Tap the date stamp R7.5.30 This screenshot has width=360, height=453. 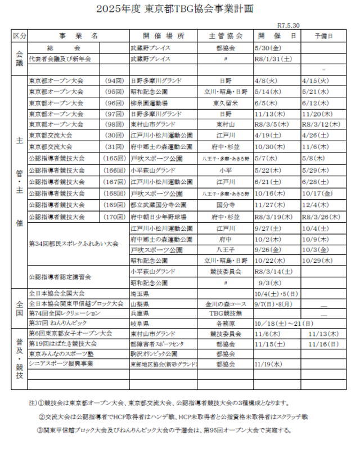pyautogui.click(x=288, y=25)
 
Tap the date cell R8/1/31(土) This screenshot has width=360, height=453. pyautogui.click(x=273, y=59)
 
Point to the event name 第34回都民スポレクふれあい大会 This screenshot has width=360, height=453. pyautogui.click(x=74, y=244)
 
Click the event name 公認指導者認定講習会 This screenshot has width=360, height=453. pyautogui.click(x=60, y=277)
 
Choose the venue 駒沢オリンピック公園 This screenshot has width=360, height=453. pyautogui.click(x=154, y=354)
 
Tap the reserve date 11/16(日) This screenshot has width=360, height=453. pyautogui.click(x=324, y=344)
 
